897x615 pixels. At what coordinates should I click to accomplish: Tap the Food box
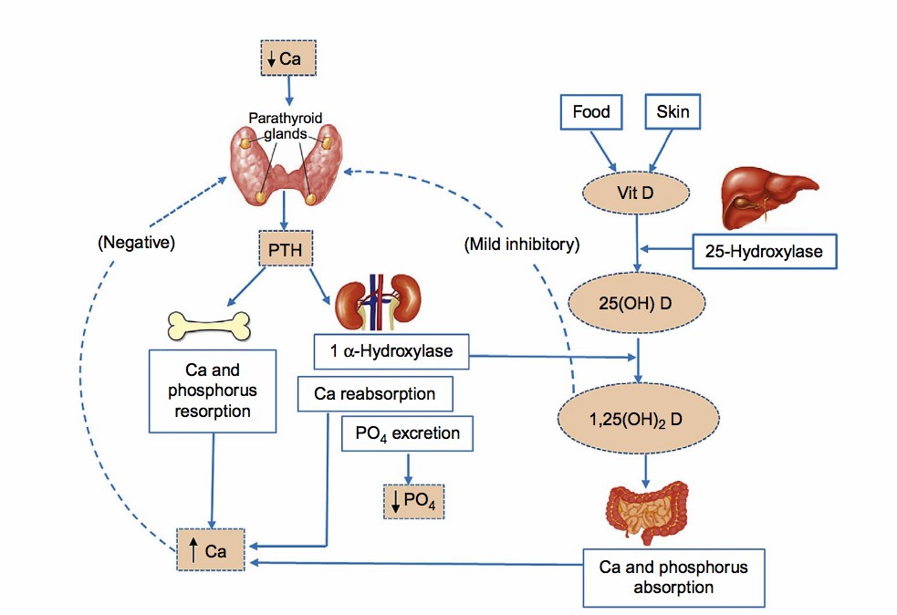(x=591, y=113)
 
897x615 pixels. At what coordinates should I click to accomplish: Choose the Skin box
(x=673, y=113)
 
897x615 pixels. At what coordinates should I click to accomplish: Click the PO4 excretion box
(x=407, y=433)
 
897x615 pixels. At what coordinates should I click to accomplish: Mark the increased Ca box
(x=212, y=551)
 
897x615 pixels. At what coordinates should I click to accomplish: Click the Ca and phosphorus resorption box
(x=212, y=390)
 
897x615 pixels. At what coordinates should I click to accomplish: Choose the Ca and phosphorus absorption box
(x=673, y=577)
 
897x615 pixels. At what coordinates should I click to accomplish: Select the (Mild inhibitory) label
(x=520, y=245)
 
